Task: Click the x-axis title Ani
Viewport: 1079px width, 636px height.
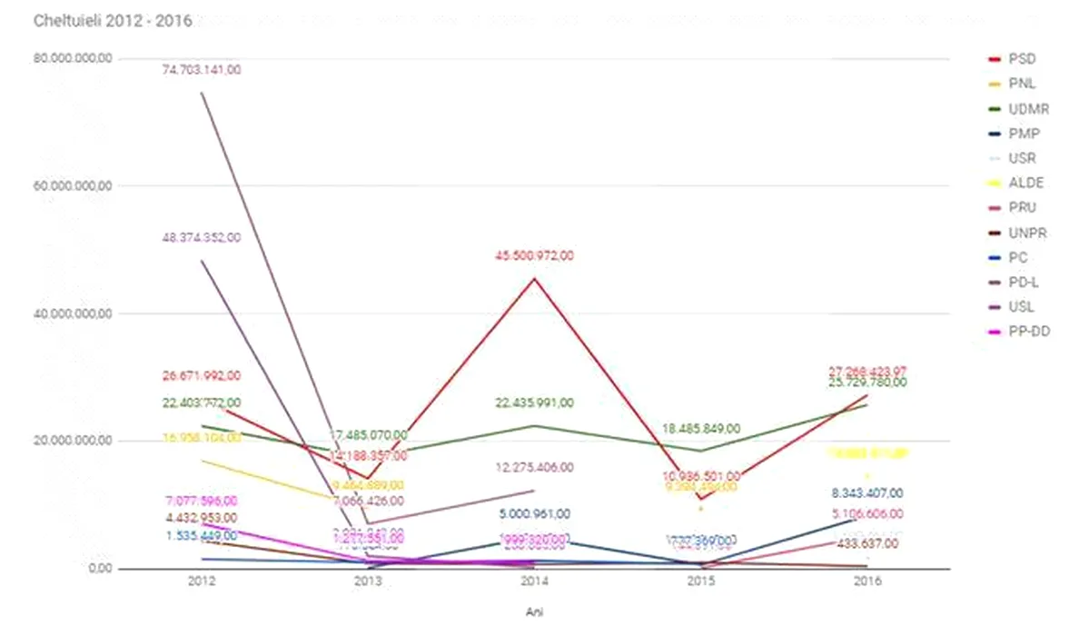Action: [x=534, y=611]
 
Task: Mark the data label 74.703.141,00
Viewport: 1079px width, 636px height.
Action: [x=202, y=70]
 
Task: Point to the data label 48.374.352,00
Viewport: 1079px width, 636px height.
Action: [x=202, y=238]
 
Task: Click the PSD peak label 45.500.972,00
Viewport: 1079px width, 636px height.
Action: [x=534, y=256]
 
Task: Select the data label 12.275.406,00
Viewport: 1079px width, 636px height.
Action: [x=534, y=467]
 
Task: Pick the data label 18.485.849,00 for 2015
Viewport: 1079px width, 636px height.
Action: [x=700, y=429]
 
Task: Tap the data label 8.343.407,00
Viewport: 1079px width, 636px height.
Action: [x=866, y=493]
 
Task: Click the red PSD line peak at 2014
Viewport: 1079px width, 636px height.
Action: [x=534, y=278]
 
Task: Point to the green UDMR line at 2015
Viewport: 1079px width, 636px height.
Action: [x=700, y=451]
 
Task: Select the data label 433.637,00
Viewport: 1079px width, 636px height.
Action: [x=866, y=544]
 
